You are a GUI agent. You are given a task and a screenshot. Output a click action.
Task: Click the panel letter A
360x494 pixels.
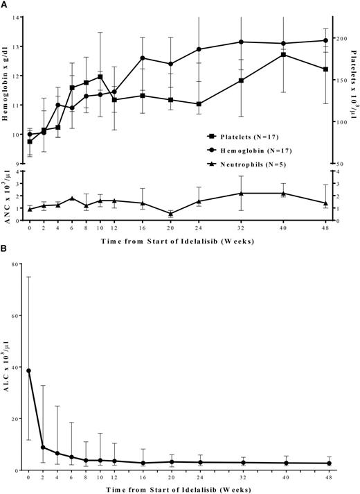(4, 4)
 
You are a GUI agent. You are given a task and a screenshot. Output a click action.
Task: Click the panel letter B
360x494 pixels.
(4, 246)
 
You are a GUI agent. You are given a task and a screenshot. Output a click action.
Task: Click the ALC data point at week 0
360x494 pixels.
(29, 370)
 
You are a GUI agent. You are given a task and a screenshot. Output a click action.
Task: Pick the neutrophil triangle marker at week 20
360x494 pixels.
(170, 214)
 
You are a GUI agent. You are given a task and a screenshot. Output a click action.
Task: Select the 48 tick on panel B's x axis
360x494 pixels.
(328, 479)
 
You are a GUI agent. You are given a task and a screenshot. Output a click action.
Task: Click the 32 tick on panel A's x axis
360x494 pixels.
(241, 228)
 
